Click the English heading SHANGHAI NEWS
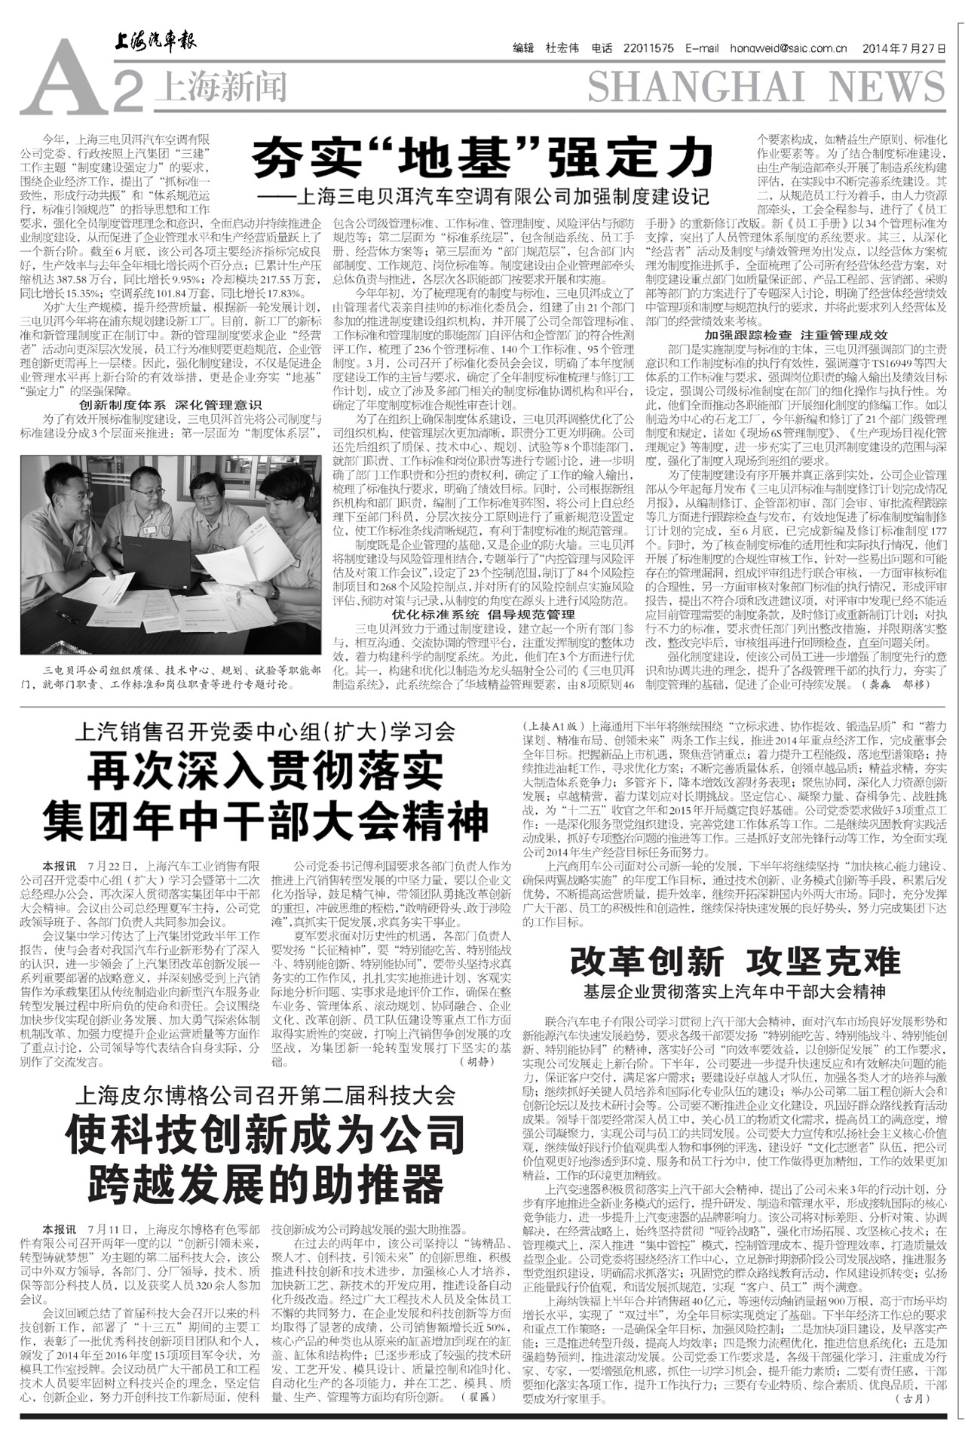pyautogui.click(x=765, y=88)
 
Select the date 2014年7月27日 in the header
pyautogui.click(x=907, y=48)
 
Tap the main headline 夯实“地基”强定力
pyautogui.click(x=482, y=157)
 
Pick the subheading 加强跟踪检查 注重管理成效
pyautogui.click(x=796, y=334)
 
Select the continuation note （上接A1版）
pyautogui.click(x=554, y=726)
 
